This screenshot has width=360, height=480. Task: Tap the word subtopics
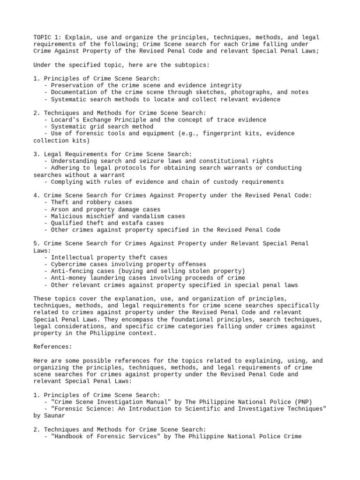[194, 65]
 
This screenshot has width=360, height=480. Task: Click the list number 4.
[36, 195]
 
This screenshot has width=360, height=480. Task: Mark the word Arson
[60, 210]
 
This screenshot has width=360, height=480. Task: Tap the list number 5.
[36, 244]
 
